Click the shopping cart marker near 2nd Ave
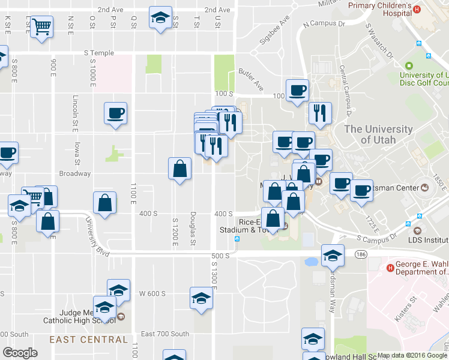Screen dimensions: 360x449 point(41,26)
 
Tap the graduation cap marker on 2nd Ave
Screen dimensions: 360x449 point(160,17)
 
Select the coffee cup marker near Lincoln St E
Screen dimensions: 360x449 point(115,113)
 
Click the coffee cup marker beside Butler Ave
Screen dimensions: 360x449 point(297,91)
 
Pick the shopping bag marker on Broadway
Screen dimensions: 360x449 point(179,169)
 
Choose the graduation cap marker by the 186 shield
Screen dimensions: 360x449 point(332,256)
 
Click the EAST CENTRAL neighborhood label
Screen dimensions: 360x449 point(89,340)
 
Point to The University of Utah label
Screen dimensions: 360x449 point(379,134)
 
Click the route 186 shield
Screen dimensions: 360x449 point(360,255)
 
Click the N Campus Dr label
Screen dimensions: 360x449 point(325,25)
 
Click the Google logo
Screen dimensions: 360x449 point(20,353)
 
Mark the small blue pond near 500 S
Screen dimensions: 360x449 point(311,262)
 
